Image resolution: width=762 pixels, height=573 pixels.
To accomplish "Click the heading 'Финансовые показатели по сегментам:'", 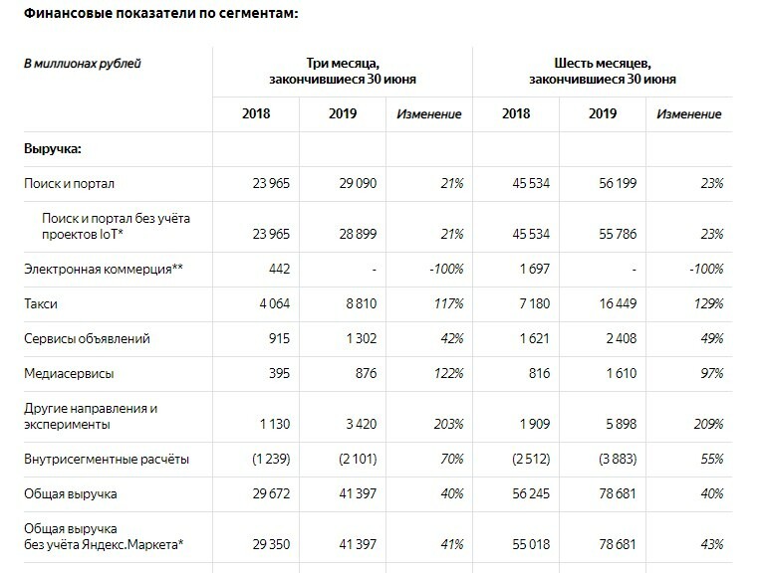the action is [160, 14].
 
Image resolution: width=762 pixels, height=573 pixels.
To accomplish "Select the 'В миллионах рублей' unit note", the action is [82, 64].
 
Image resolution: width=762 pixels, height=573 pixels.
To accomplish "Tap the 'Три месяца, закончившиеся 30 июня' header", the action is [343, 71].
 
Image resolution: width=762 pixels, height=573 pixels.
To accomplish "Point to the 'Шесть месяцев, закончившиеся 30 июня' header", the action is [603, 71].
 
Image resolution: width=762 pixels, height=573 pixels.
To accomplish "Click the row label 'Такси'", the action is [41, 303].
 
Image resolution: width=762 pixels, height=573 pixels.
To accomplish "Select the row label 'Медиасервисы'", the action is [69, 374].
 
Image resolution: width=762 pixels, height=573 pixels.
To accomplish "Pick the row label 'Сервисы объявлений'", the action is [87, 338].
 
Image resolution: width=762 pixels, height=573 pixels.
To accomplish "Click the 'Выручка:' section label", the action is [53, 148].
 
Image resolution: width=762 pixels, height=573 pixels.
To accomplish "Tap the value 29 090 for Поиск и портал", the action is [358, 183].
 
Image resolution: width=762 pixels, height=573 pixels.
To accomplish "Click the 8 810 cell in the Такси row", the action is [361, 303].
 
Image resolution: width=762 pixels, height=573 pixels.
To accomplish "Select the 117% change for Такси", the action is [449, 303].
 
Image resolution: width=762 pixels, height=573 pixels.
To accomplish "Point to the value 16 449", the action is [618, 303].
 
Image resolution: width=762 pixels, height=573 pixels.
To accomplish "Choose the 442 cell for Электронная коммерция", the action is [280, 269].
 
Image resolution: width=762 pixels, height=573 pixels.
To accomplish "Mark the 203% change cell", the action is [448, 424].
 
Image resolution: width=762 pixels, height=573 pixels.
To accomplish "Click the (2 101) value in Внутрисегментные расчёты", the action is [358, 459].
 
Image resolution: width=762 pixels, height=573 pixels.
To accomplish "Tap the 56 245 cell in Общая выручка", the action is [531, 494].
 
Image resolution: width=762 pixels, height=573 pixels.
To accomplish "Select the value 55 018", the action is [531, 544].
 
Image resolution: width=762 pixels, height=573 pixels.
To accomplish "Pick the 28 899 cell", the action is [358, 234].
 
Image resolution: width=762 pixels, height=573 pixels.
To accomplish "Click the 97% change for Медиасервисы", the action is [712, 374].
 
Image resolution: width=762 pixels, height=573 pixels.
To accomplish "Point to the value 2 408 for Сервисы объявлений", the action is [622, 338].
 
